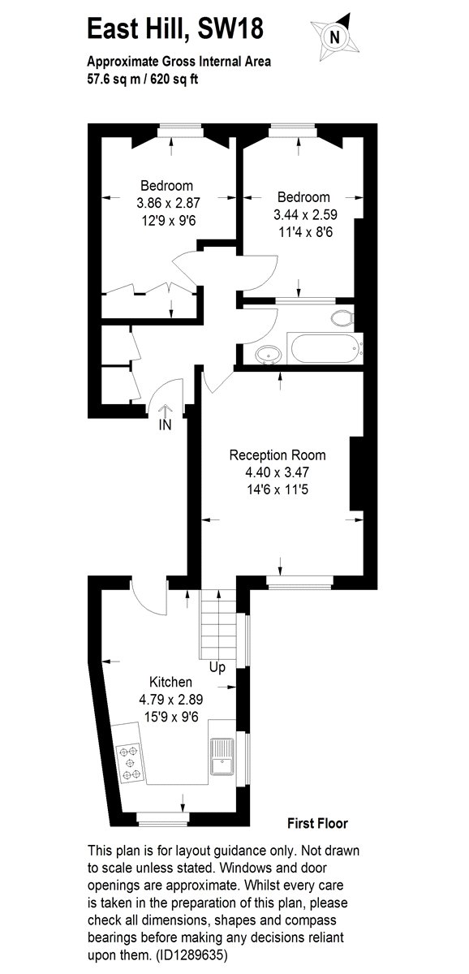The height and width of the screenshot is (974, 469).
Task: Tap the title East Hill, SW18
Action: [175, 28]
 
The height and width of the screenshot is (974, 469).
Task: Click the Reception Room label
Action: [278, 455]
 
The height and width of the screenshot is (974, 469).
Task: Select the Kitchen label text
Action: [170, 681]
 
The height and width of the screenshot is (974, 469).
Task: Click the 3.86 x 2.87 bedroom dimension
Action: [168, 203]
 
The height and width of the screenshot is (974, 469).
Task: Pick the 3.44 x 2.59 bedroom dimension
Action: [305, 214]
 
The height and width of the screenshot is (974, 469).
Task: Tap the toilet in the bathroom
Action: [342, 318]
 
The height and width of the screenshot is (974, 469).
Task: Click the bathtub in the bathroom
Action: [325, 349]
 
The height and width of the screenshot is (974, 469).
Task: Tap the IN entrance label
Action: [166, 425]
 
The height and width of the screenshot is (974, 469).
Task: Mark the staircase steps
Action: [217, 624]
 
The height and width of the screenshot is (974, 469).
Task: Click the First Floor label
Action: [318, 823]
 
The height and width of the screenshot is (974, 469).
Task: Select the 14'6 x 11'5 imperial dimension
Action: [278, 489]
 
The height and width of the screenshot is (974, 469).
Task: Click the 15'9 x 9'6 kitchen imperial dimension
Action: [171, 716]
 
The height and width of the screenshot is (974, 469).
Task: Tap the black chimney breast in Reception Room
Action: [356, 473]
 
